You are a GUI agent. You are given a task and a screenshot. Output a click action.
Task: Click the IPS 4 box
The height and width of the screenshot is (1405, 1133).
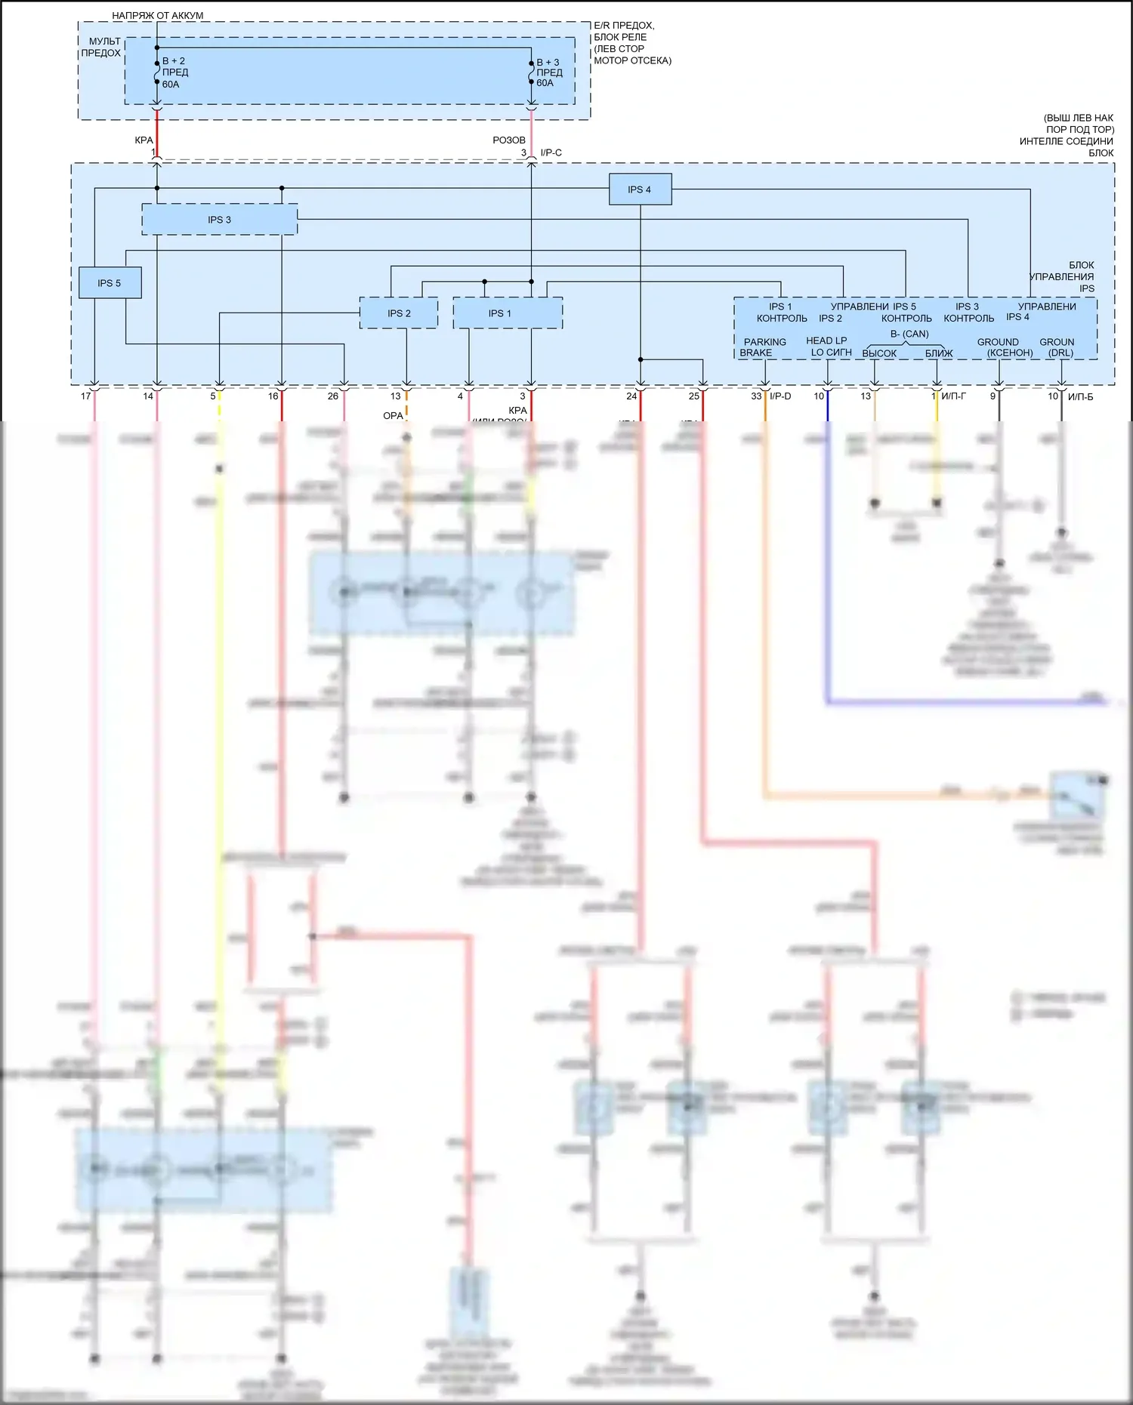tap(640, 189)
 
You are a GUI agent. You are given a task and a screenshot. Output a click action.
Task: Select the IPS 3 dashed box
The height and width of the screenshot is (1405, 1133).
tap(219, 220)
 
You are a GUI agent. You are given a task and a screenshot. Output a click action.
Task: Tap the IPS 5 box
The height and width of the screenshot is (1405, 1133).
tap(110, 283)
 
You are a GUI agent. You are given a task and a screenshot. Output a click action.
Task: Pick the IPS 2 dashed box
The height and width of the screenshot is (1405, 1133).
tap(399, 313)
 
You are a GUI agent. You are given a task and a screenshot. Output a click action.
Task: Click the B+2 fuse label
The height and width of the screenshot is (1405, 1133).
tap(174, 72)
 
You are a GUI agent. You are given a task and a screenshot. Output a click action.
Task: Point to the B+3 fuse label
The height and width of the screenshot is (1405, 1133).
tap(549, 72)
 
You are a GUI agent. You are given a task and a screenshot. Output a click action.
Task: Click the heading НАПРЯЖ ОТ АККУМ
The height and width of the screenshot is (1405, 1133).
tap(157, 15)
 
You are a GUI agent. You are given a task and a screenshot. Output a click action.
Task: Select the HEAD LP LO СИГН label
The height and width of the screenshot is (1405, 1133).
tap(828, 347)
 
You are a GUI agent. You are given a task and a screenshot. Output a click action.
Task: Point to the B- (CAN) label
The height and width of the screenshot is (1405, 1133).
tap(909, 334)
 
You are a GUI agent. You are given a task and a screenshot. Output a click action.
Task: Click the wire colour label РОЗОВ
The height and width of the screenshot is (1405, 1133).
tap(508, 140)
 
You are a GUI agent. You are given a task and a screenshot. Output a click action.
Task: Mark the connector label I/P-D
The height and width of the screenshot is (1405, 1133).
tap(780, 396)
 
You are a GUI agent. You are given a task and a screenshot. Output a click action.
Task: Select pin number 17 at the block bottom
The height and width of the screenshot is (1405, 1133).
tap(85, 396)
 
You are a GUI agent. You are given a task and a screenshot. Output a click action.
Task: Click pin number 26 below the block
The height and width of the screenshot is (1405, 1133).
tap(333, 396)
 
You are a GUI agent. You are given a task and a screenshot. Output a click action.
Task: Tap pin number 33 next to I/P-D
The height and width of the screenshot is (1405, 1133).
tap(756, 396)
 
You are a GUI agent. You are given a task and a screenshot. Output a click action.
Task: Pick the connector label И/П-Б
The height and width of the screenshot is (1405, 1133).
tap(1080, 396)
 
